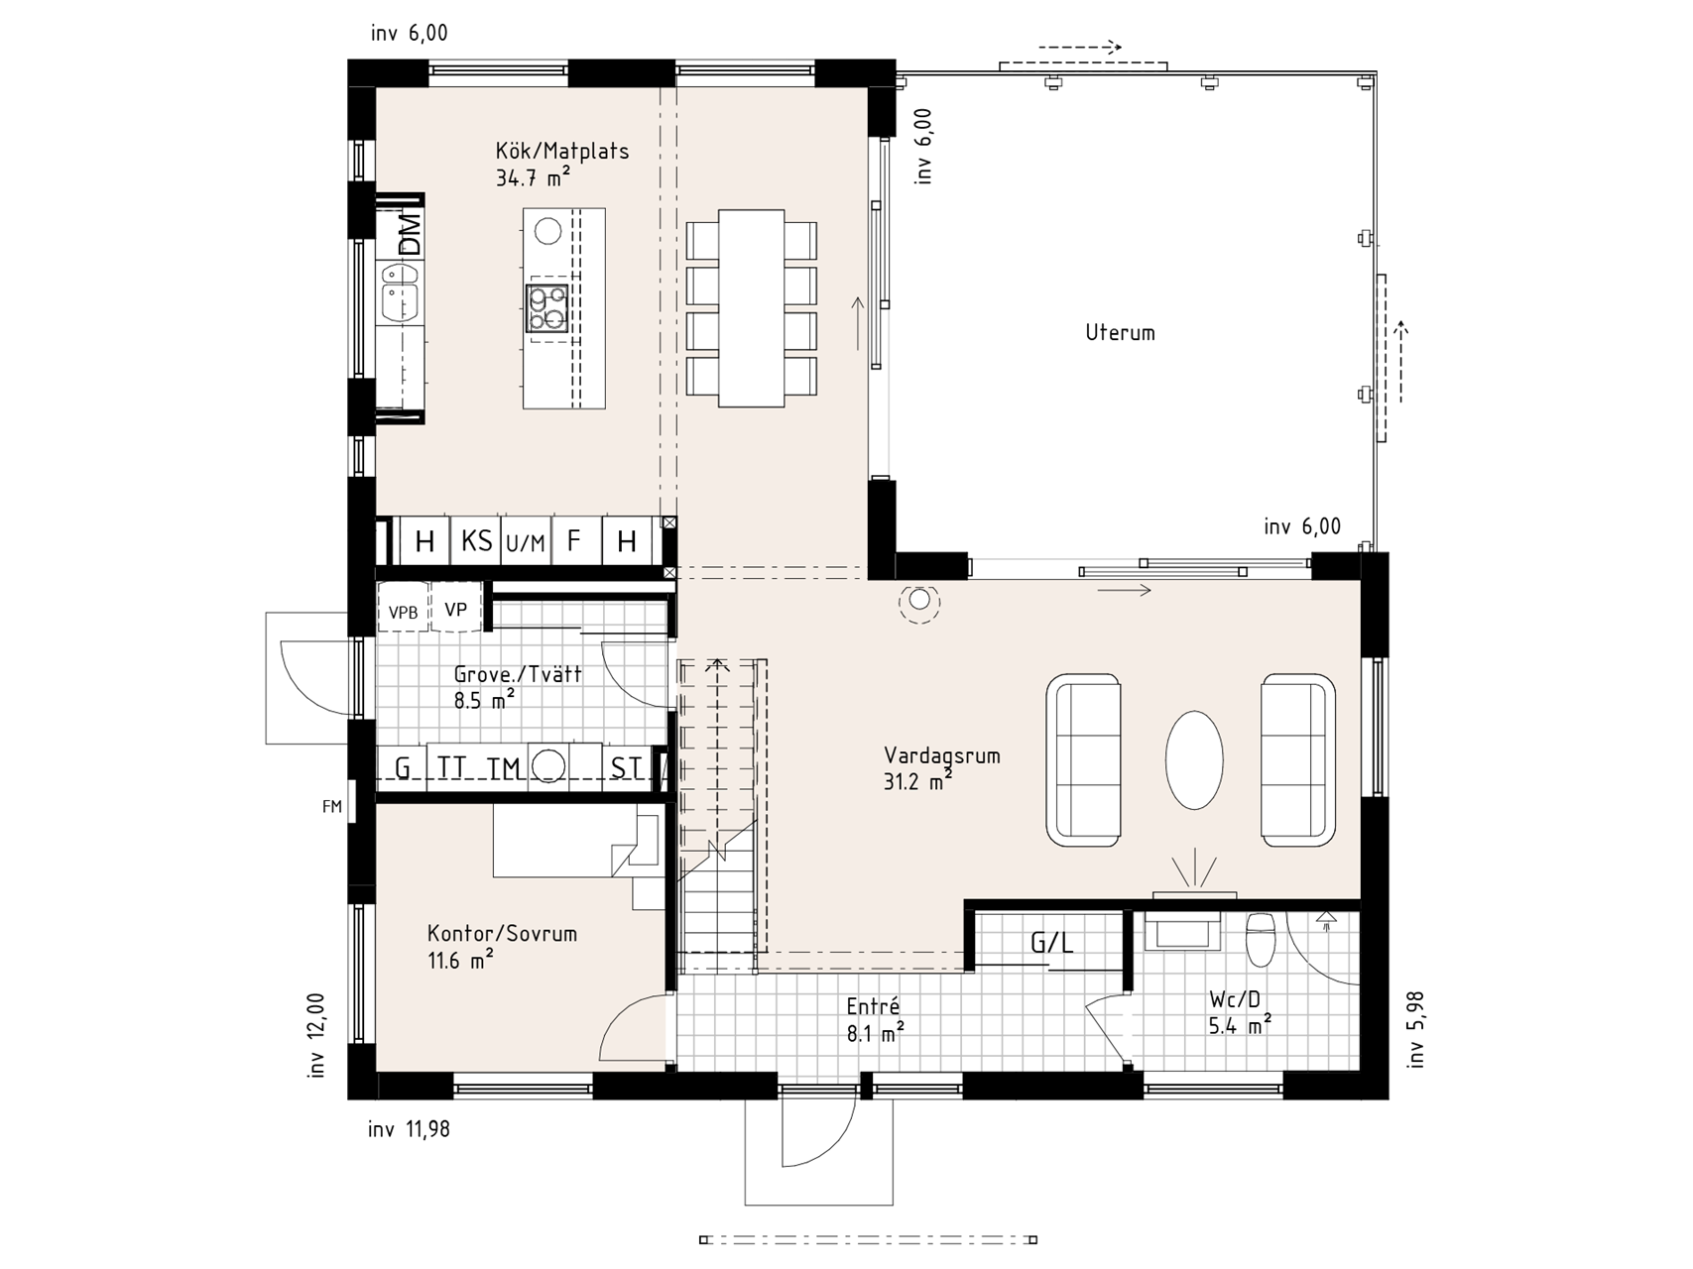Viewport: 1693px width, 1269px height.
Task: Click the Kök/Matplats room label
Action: point(561,152)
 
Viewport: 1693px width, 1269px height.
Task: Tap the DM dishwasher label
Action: point(409,232)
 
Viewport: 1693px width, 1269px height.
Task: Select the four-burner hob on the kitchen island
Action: point(547,307)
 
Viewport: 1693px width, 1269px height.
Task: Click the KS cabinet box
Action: point(476,541)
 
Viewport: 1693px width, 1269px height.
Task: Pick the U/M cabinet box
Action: point(526,542)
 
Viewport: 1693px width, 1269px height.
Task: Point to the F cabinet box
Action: point(573,541)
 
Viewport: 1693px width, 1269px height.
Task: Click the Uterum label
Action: point(1120,333)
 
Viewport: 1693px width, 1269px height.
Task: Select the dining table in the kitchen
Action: point(752,307)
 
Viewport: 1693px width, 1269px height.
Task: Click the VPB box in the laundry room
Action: point(403,612)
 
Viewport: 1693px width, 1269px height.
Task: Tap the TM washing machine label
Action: point(504,768)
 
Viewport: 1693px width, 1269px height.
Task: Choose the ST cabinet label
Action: point(626,768)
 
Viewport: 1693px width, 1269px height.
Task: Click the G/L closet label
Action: point(1051,943)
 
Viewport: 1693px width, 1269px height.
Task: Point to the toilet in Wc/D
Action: point(1261,938)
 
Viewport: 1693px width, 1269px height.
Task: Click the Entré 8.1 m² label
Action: point(874,1020)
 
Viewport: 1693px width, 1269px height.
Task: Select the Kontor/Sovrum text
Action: point(502,934)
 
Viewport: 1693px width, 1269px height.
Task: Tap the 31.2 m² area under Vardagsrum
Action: point(917,781)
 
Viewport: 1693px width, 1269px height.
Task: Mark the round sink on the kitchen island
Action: point(547,231)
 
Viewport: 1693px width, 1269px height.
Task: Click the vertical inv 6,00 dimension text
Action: point(924,147)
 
